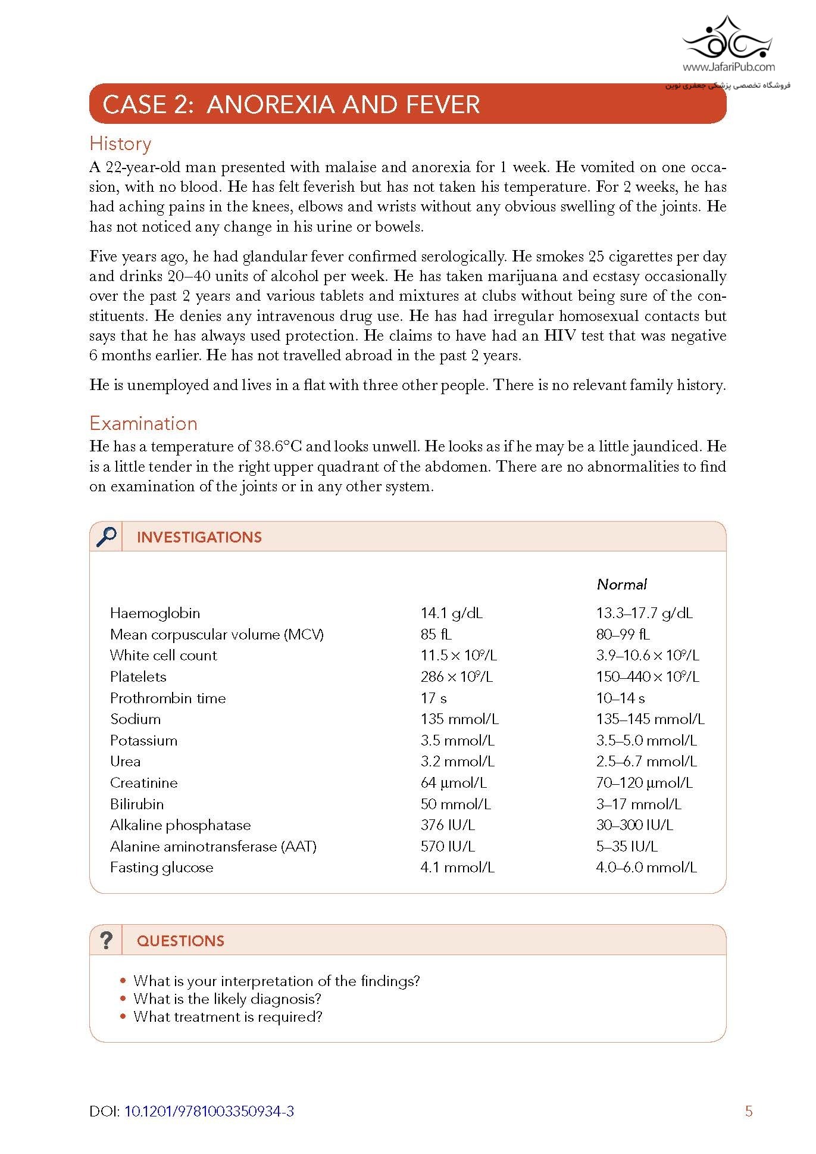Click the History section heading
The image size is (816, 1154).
(x=120, y=144)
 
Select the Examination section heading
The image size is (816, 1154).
(x=143, y=423)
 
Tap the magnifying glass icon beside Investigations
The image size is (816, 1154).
(x=106, y=537)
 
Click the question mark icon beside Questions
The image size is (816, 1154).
(x=106, y=940)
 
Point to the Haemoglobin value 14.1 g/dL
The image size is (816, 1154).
(x=451, y=613)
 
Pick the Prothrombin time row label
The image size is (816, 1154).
(x=168, y=698)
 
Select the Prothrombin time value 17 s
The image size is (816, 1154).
(x=433, y=698)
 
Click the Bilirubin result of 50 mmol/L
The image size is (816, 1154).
(x=455, y=804)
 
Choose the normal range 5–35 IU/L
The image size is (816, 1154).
(x=626, y=846)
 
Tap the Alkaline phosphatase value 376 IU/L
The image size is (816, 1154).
(x=448, y=825)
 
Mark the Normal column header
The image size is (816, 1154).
(x=621, y=584)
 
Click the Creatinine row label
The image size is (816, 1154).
(x=143, y=782)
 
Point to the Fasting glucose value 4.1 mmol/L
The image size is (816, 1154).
(x=457, y=867)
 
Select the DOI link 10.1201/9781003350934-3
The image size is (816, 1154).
(x=209, y=1111)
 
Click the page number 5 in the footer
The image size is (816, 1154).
(x=749, y=1111)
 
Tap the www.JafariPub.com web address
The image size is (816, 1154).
(x=729, y=67)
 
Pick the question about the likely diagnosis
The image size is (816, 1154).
(x=227, y=999)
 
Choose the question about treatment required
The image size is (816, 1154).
(x=227, y=1016)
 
